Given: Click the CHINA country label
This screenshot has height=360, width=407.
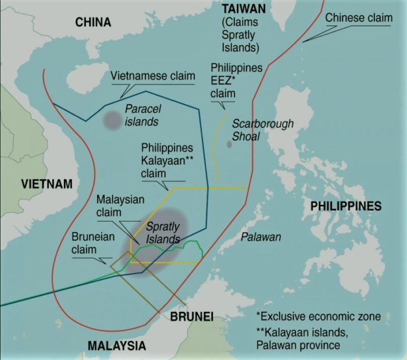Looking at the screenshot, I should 93,22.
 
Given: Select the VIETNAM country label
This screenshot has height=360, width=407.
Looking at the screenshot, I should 47,184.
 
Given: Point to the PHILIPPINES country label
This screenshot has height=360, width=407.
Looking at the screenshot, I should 345,206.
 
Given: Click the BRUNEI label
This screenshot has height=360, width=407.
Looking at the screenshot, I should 191,317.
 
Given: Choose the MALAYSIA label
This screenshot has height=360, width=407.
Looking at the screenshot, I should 116,345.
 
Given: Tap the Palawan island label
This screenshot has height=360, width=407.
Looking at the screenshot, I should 261,237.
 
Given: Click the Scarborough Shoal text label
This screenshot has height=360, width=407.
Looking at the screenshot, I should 263,130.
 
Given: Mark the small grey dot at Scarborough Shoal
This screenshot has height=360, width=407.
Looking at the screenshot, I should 229,144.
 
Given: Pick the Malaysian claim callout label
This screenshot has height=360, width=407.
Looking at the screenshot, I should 120,206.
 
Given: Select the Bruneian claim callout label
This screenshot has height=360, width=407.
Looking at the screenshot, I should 93,243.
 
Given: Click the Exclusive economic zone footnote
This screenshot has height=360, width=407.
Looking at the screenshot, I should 319,317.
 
